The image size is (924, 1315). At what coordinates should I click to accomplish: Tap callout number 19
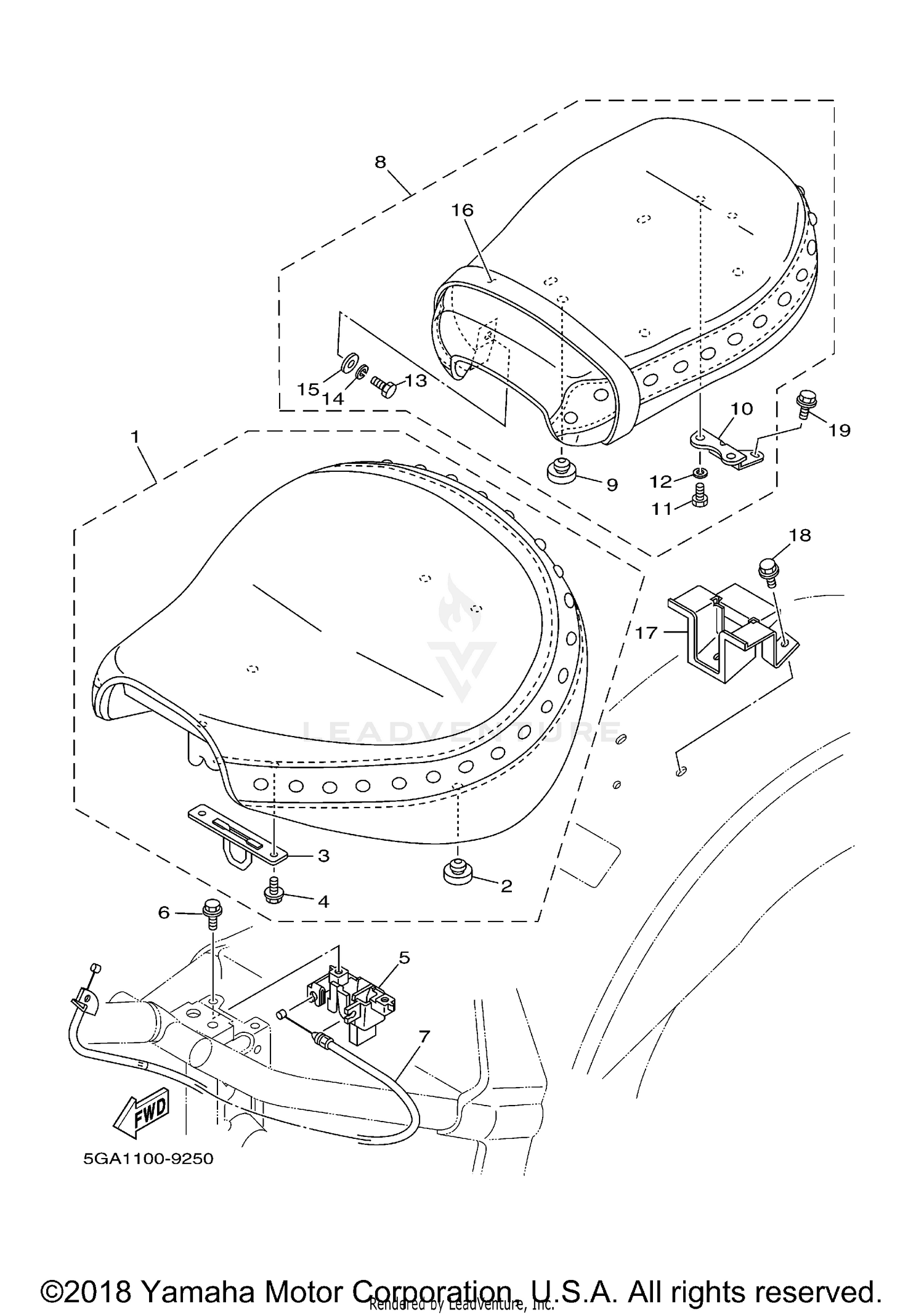point(839,430)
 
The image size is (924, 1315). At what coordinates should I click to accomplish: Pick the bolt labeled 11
point(699,495)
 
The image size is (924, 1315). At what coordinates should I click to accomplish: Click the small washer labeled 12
point(700,472)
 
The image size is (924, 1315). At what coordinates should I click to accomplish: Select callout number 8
point(380,162)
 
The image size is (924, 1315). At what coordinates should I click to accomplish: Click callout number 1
point(134,437)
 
